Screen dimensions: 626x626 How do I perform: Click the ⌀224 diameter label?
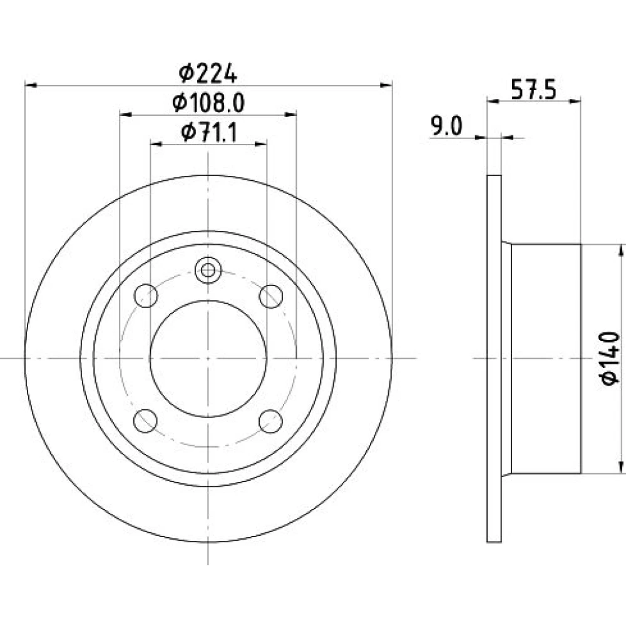[x=208, y=74]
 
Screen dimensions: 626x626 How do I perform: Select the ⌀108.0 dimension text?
[x=208, y=103]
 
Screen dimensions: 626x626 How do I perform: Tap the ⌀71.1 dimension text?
[x=209, y=133]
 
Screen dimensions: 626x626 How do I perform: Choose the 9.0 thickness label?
[x=446, y=126]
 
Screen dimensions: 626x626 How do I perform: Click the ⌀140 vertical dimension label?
[x=610, y=358]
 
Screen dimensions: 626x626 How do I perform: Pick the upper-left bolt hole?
[x=146, y=296]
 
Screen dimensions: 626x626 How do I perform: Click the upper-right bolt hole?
[x=271, y=297]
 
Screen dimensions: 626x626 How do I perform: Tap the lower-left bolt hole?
[x=145, y=421]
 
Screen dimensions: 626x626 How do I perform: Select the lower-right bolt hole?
[x=270, y=421]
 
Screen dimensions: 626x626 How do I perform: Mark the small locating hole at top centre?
[x=208, y=270]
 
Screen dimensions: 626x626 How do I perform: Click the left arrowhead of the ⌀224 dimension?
[x=31, y=85]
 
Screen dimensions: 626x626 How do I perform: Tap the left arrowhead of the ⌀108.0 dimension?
[x=126, y=115]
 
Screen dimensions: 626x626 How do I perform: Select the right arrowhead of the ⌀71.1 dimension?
[x=260, y=144]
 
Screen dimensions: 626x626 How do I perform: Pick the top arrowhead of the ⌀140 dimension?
[x=621, y=250]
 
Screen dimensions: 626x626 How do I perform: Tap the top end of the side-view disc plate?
[x=495, y=175]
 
